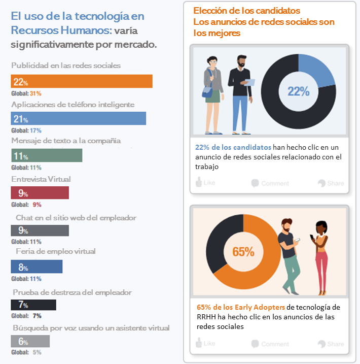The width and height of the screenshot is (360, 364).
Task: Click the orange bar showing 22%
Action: (x=82, y=81)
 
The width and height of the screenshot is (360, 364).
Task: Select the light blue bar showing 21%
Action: (x=79, y=118)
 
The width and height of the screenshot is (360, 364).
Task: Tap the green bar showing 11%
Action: (x=46, y=155)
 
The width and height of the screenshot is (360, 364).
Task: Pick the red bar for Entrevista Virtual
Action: (x=40, y=193)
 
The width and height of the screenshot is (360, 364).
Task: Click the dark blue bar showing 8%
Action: (x=37, y=267)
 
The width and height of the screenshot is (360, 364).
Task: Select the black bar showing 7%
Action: (x=33, y=305)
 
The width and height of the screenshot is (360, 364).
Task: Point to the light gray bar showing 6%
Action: (x=30, y=341)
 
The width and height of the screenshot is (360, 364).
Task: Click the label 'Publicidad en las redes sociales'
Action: (x=66, y=65)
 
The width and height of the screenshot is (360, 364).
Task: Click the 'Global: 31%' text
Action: (x=26, y=93)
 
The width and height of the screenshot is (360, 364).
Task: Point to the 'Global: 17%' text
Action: (x=26, y=130)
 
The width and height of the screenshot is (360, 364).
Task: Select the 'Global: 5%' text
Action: (x=26, y=352)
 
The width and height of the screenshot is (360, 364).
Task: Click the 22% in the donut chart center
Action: (x=298, y=91)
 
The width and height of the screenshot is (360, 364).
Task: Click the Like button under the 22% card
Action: (x=206, y=183)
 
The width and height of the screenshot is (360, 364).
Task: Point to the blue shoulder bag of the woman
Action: (x=207, y=91)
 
